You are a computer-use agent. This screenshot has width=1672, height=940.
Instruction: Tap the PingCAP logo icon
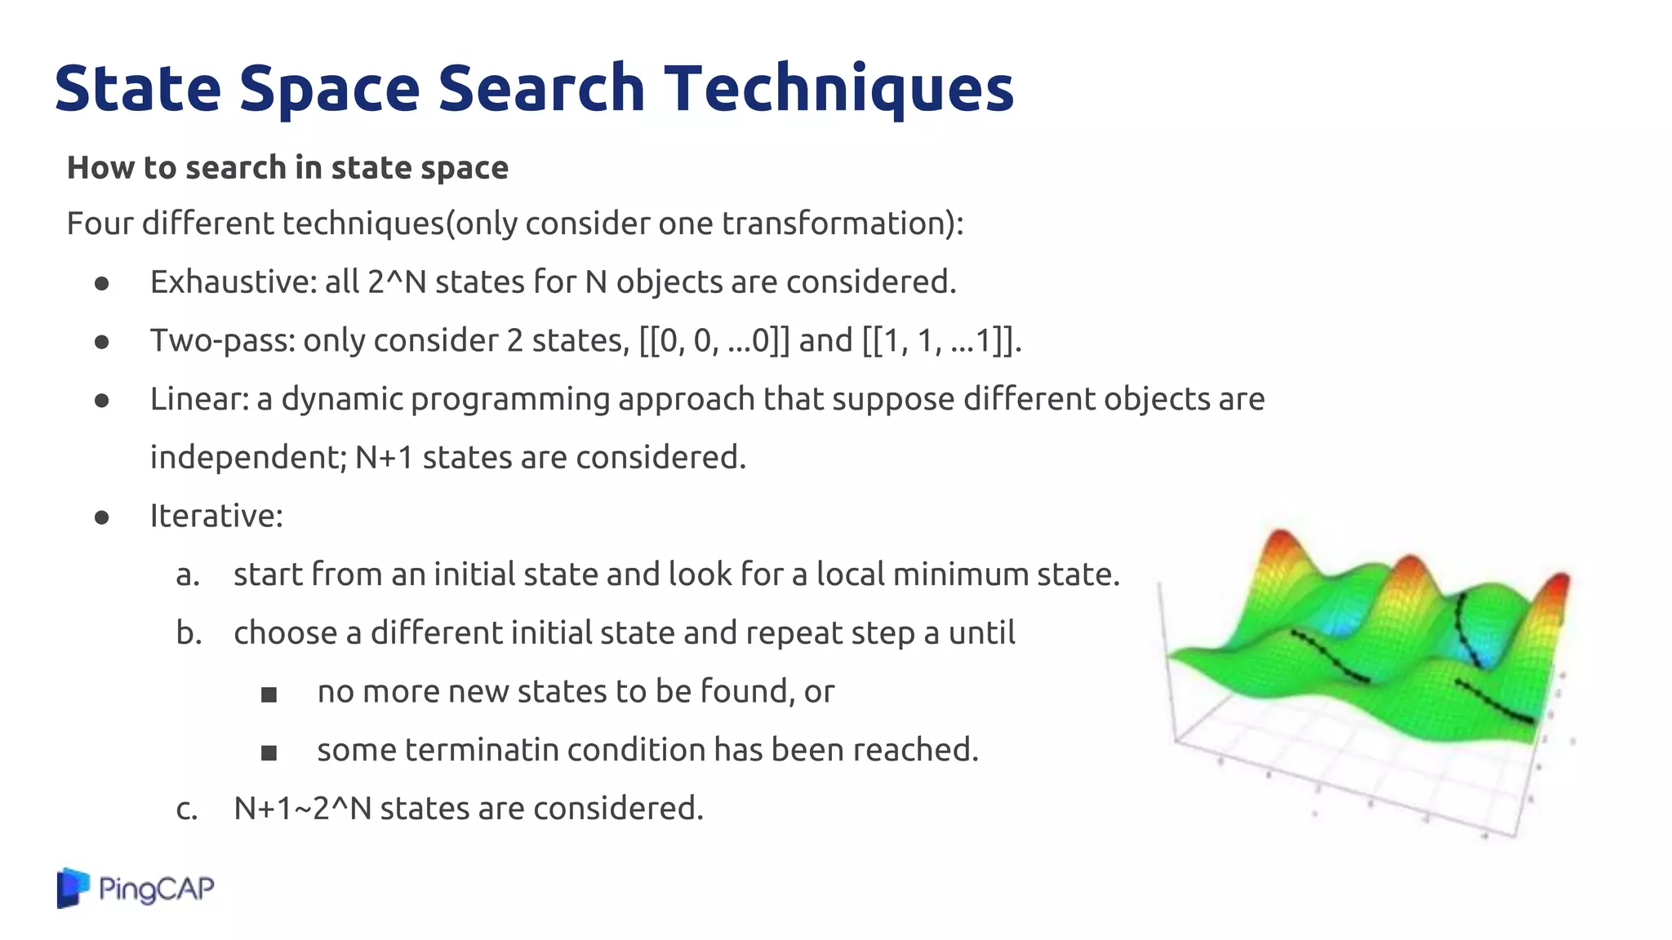(73, 888)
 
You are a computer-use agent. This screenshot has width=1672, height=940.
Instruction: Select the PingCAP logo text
(156, 888)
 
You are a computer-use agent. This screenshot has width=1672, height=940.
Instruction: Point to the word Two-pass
(222, 341)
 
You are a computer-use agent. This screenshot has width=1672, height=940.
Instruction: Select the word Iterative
(216, 516)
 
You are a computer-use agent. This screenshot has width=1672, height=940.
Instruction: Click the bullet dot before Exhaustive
(102, 284)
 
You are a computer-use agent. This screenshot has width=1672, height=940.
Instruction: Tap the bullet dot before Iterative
(102, 517)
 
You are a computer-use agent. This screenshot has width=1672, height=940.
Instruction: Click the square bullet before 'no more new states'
(269, 694)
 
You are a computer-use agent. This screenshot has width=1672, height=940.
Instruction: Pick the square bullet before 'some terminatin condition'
(269, 752)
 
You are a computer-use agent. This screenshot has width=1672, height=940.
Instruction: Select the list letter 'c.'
(187, 809)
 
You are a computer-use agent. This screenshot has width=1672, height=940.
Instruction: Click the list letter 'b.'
(189, 632)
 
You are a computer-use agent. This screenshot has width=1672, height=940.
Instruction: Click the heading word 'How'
(101, 167)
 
